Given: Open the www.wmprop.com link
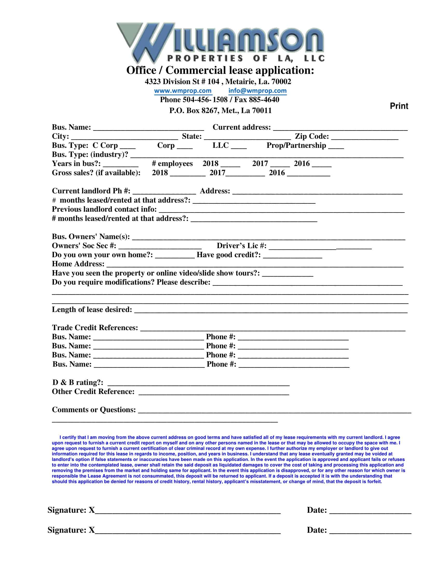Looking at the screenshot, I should click(183, 91).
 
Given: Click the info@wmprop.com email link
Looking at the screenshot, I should click(257, 91).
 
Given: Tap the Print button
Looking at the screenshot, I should click(399, 106).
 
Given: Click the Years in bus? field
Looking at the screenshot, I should click(121, 164).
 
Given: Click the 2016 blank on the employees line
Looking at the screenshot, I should click(322, 164).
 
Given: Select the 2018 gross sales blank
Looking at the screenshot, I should click(188, 173).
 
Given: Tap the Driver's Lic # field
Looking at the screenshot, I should click(320, 246).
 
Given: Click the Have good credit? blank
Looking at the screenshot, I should click(293, 255).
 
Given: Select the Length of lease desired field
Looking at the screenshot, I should click(271, 310).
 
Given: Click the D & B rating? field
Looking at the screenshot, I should click(198, 383).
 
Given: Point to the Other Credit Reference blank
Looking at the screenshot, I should click(214, 392).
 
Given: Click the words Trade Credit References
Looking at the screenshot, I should click(95, 328).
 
